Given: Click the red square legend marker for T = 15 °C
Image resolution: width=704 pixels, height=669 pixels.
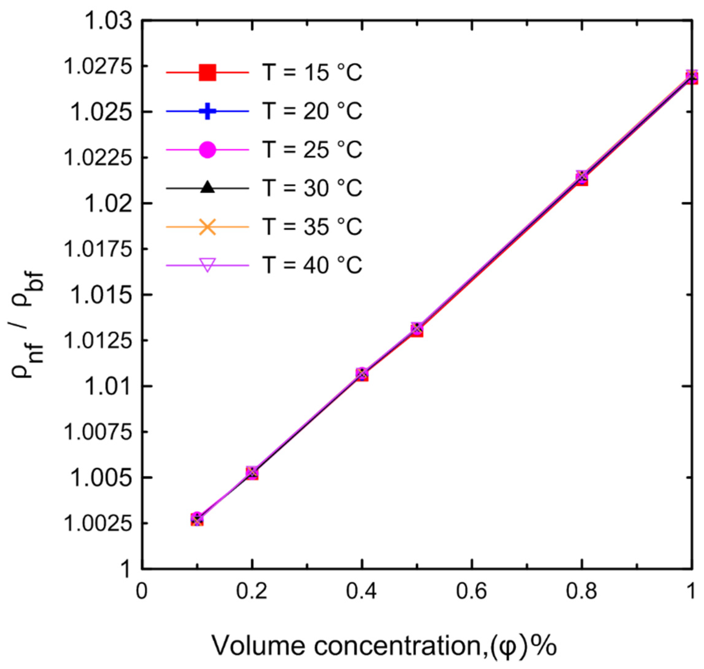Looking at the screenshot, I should pos(207,72).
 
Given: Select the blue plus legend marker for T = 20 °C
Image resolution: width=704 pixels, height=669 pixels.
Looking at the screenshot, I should pos(207,111).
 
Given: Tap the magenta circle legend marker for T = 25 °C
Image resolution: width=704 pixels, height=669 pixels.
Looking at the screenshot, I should pos(207,149).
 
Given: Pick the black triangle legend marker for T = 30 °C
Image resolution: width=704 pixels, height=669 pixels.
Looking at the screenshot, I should pos(207,188).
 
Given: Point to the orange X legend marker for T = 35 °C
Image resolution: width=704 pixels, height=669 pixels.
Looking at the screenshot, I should pos(207,226).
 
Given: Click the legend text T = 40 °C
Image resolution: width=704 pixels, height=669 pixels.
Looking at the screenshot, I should pos(312,265).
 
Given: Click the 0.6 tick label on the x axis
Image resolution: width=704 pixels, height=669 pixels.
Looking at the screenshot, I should pos(472,591).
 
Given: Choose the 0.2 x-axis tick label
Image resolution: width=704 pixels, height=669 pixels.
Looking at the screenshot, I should pos(252,591).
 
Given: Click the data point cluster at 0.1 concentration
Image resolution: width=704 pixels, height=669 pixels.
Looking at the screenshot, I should pos(197,520).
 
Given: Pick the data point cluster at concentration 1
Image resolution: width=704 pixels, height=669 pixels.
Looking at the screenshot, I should pos(691,77).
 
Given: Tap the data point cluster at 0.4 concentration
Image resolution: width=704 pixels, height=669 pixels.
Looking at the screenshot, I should pos(362,374).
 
